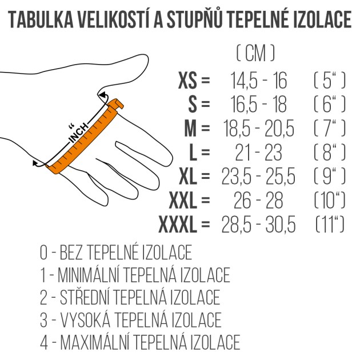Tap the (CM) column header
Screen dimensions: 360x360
(x=255, y=54)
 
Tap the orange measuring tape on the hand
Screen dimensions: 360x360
(x=86, y=137)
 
